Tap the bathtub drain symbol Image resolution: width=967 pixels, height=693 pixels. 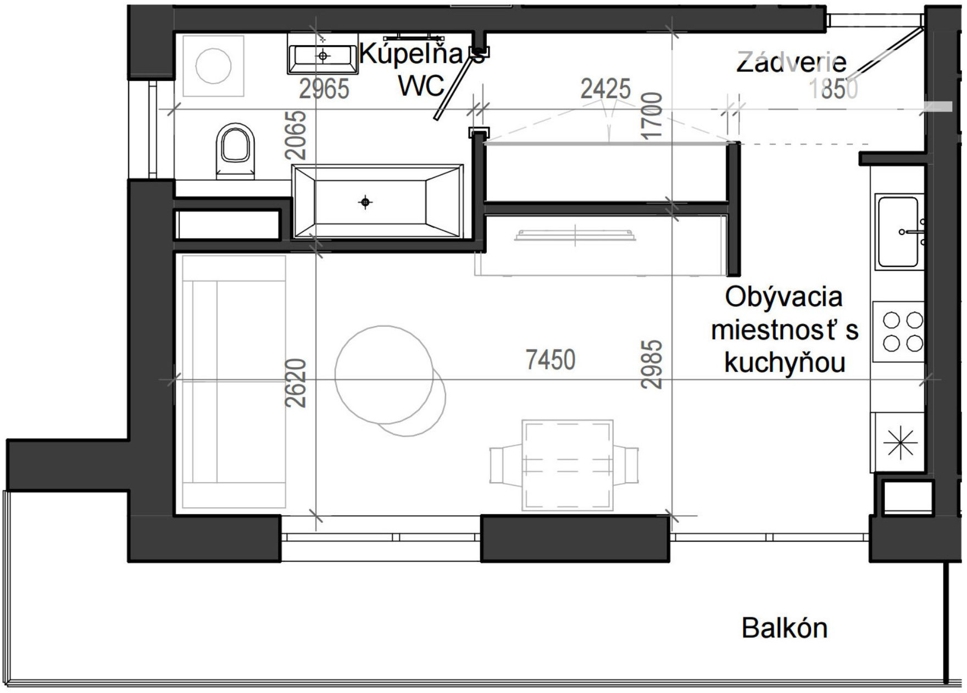(365, 202)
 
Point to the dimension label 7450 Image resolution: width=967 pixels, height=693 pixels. (551, 360)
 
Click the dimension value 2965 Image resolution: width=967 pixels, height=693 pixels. (324, 89)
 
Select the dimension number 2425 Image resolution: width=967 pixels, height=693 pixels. (605, 88)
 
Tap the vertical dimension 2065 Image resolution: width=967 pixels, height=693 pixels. (296, 135)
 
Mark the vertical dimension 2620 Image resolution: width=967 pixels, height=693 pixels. (296, 383)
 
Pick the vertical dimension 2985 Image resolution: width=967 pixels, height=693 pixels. (652, 364)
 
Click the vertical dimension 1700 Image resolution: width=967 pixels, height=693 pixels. (652, 116)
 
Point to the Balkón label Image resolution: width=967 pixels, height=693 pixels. (785, 628)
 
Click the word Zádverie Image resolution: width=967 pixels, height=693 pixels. (791, 62)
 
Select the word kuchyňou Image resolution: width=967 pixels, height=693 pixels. (785, 362)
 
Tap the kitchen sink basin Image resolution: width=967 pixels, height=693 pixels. (898, 231)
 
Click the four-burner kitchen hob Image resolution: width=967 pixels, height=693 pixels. (899, 331)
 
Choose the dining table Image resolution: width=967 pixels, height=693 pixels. (567, 465)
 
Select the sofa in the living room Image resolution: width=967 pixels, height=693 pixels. (234, 382)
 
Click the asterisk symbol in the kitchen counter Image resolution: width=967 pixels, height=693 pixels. (901, 443)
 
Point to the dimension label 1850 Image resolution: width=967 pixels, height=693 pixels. (833, 88)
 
